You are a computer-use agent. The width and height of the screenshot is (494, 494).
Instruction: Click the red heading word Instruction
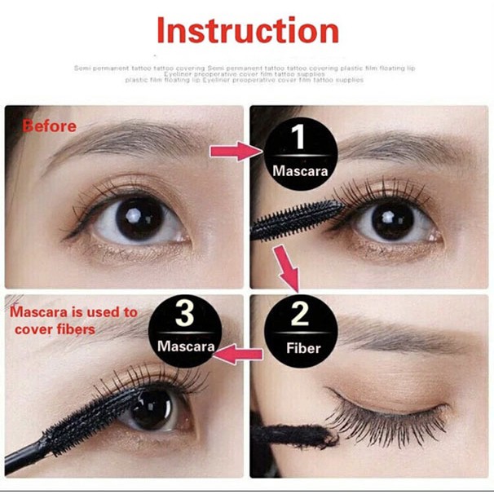pos(247,30)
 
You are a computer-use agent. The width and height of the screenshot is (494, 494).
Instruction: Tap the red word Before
pos(50,126)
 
